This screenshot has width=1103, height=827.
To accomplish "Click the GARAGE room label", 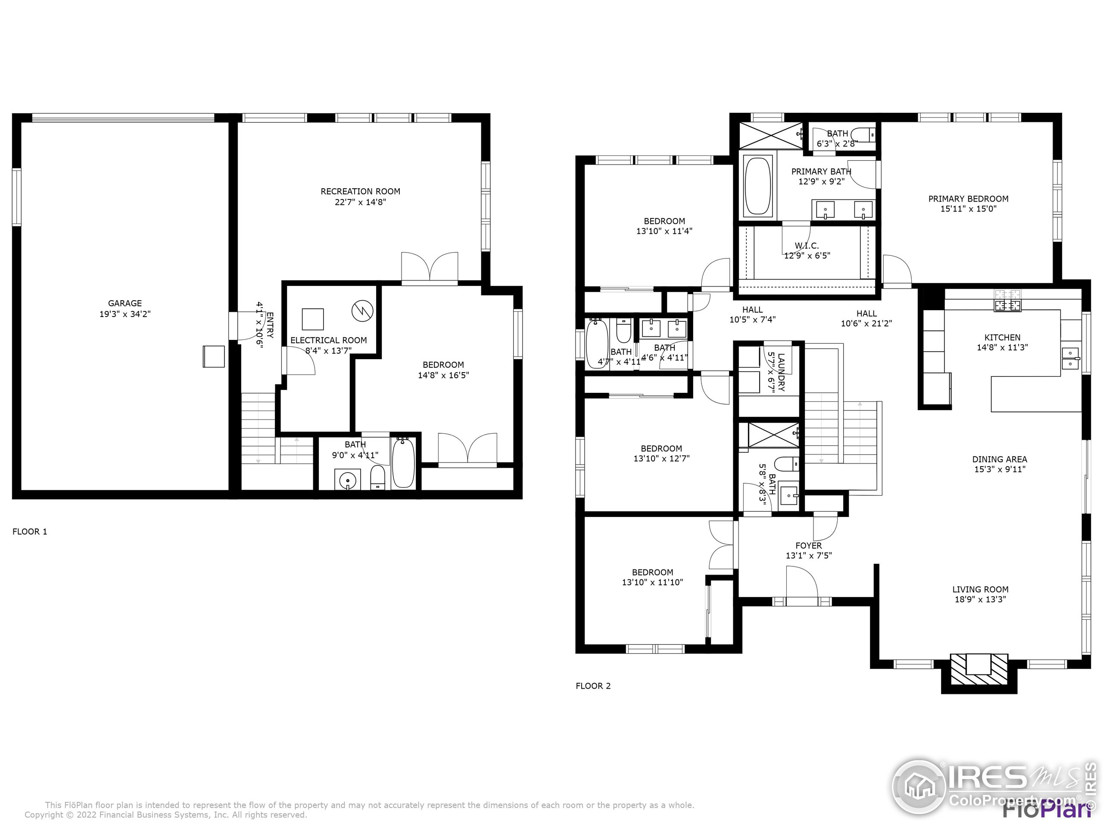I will click(x=125, y=303).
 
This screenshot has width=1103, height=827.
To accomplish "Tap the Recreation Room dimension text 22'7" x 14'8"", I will click(x=360, y=202).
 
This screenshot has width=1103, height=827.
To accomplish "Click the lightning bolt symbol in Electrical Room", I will click(x=362, y=311).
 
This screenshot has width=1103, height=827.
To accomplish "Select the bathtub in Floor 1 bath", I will click(x=403, y=463).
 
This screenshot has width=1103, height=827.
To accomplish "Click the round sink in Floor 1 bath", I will click(x=347, y=480).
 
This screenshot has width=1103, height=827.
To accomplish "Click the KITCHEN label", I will click(x=1002, y=338).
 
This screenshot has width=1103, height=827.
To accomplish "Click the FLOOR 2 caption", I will click(x=593, y=686).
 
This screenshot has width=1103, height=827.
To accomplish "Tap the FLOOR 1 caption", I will click(x=30, y=532).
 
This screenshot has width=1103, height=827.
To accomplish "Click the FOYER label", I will click(x=808, y=546).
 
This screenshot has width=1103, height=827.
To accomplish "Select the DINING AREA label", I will click(x=999, y=459).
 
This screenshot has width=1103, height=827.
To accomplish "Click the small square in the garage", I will click(x=213, y=356).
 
